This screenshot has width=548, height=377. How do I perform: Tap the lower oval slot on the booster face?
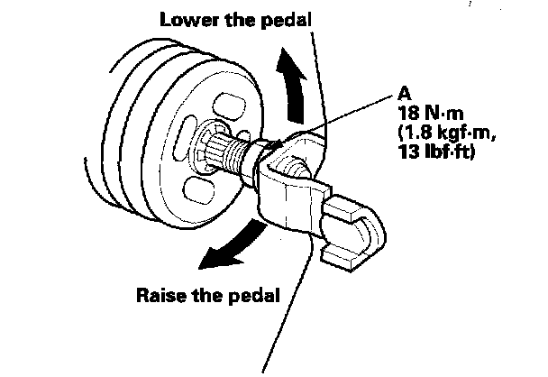pos(199,192)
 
